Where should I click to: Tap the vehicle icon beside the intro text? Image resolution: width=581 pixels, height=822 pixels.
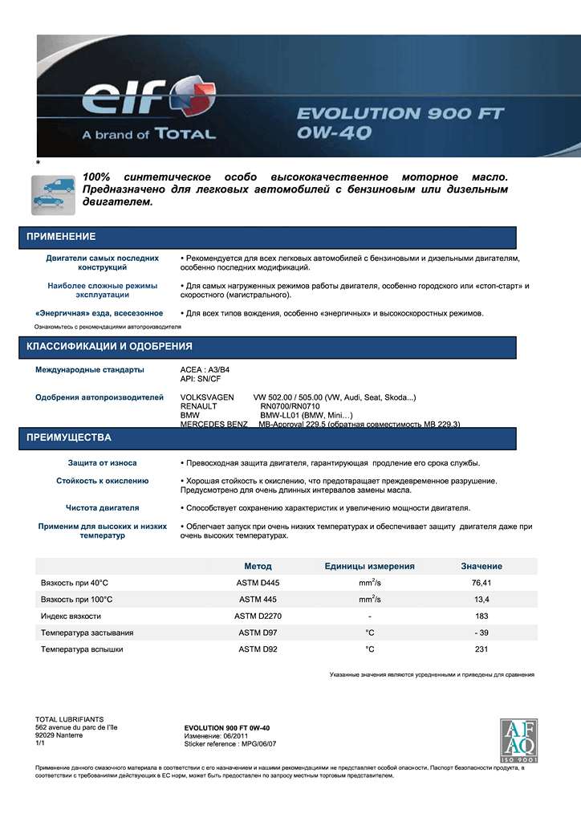(53, 193)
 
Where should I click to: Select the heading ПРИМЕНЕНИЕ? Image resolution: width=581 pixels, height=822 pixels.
(61, 237)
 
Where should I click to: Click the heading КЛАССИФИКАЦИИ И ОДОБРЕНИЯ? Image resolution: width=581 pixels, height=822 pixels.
(109, 347)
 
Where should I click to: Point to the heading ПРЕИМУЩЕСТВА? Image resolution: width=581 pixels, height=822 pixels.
(69, 438)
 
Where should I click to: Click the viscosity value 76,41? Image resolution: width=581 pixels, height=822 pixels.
(481, 583)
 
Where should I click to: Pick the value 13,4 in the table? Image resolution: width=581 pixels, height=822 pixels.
(481, 600)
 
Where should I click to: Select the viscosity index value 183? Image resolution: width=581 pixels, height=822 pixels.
(481, 616)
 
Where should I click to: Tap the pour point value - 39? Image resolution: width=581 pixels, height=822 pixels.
(481, 633)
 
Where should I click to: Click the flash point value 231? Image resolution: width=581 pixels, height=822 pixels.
(481, 649)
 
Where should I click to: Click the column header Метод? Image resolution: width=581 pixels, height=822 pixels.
(258, 566)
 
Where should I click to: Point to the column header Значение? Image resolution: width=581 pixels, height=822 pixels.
(481, 566)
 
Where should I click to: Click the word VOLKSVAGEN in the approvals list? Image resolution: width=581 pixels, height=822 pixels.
(207, 397)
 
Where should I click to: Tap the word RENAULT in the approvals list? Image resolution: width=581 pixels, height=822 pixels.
(198, 406)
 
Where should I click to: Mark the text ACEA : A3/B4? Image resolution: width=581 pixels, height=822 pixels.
(206, 370)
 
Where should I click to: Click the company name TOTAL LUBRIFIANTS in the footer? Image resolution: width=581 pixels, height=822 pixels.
(70, 719)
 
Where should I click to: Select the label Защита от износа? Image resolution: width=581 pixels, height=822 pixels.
(102, 463)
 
